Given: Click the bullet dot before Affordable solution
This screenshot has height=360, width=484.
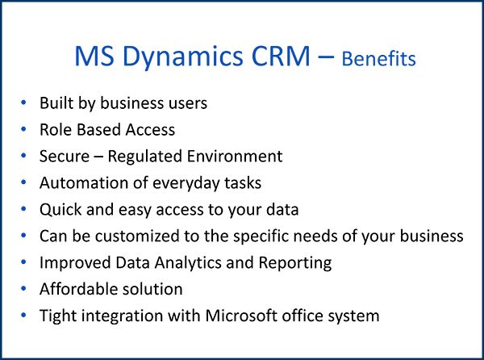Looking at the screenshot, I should click(25, 288).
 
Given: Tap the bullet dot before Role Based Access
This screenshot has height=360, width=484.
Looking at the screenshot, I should click(25, 129).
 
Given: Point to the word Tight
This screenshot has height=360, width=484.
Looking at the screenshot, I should click(58, 315).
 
